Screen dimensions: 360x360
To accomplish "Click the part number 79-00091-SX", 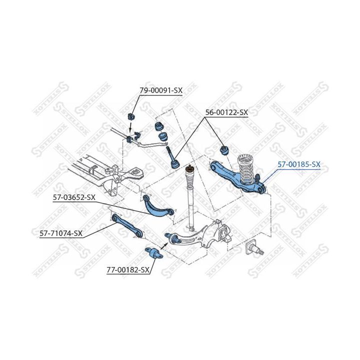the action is coord(161,90).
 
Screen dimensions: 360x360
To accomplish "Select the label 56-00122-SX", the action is coord(226,112).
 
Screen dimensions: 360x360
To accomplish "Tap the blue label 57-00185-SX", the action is coord(299,164).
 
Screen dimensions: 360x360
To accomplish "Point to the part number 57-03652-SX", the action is coord(74,197).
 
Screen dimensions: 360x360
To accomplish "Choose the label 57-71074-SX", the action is coord(61,233).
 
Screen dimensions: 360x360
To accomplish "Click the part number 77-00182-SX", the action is coord(128,270).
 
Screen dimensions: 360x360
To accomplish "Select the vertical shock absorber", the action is coord(190,197).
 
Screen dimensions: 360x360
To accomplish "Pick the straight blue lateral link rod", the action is coord(127,226).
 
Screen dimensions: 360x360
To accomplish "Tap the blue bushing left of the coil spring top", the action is coord(224,150).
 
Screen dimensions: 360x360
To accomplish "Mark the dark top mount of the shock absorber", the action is coord(189,169).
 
